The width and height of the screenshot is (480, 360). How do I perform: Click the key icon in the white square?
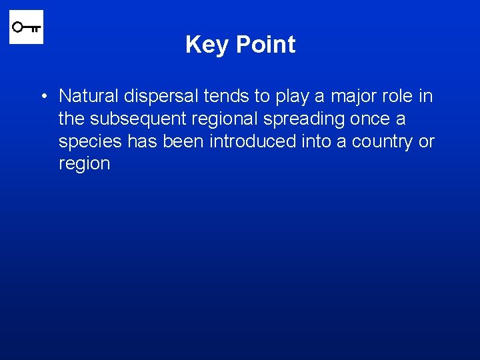(x=26, y=27)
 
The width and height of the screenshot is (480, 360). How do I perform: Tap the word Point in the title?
(x=265, y=45)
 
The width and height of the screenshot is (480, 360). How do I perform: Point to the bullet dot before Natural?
(x=43, y=97)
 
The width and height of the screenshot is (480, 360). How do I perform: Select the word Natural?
(x=86, y=97)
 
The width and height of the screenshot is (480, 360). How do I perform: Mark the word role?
(x=397, y=97)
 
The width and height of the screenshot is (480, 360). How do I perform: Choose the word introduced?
(x=256, y=141)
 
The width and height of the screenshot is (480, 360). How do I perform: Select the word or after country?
(x=427, y=142)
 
